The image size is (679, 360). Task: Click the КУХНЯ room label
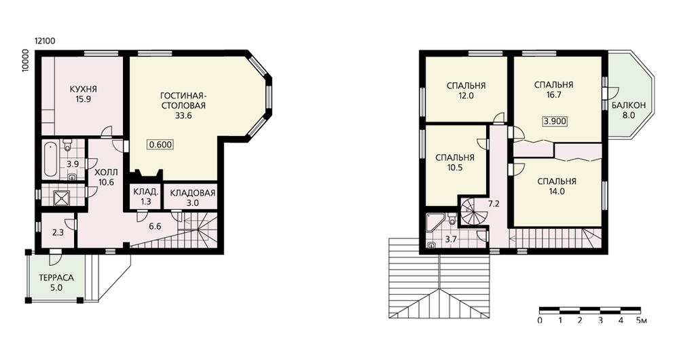pos(83,89)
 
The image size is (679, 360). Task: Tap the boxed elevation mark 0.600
pos(160,145)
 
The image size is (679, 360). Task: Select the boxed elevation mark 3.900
pos(555,122)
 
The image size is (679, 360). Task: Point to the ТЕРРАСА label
pos(56,278)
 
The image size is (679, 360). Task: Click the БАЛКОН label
pos(629,105)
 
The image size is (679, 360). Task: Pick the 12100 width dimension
pos(45,41)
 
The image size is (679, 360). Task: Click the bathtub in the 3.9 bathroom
pos(50,158)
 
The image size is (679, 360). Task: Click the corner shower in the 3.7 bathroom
pos(434,222)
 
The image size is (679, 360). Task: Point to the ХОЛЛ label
pos(106,173)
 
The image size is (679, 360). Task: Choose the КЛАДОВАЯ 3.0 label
pos(193,198)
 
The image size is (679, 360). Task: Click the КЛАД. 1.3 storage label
pos(146,197)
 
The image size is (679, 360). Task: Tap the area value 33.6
pos(183,115)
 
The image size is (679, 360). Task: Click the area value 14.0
pos(557,192)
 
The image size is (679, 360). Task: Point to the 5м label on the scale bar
pos(642,321)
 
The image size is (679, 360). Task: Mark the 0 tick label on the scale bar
pos(540,321)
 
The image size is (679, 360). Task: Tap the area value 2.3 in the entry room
pos(58,232)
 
